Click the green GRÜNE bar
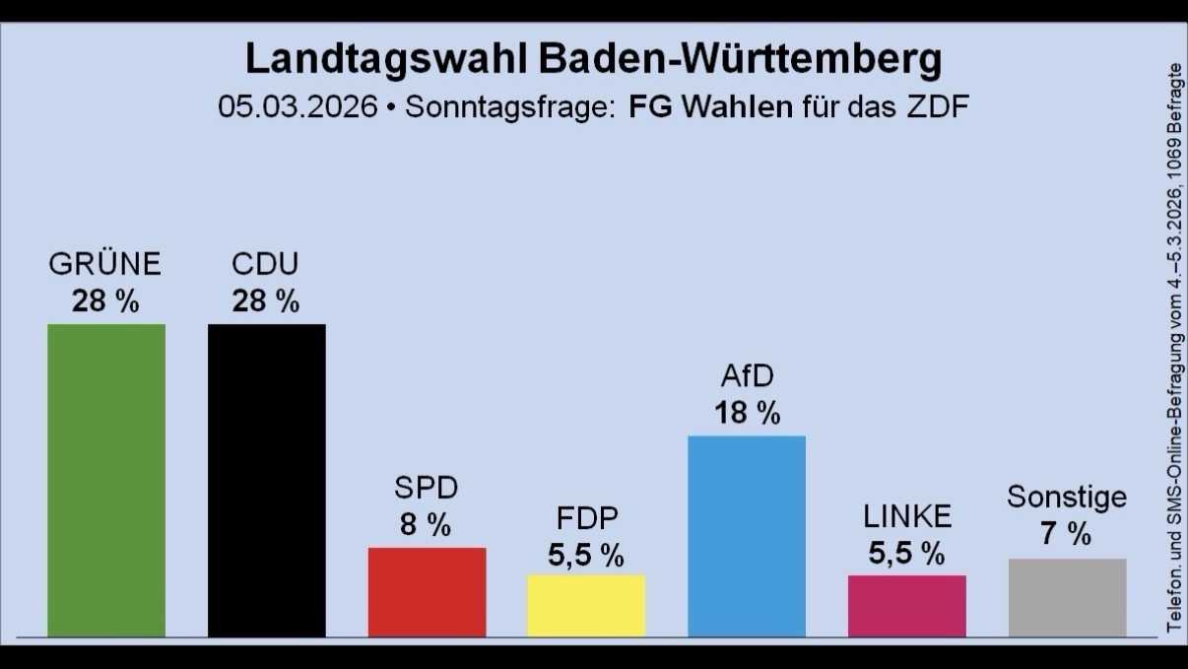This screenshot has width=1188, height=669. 106,480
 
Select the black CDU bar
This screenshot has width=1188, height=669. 267,480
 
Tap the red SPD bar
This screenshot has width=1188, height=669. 427,592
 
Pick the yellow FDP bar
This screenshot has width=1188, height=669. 586,605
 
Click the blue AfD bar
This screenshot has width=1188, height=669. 747,536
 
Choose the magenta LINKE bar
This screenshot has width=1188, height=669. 907,606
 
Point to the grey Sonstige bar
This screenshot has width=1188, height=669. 1068,597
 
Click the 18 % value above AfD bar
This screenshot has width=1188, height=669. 748,412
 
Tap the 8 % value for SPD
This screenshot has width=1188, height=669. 426,524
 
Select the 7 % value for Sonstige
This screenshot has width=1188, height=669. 1066,533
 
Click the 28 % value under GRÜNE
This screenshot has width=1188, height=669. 105,301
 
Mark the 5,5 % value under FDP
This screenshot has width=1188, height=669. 586,556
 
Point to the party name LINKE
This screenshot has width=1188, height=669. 907,516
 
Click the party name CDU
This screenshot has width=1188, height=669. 265,264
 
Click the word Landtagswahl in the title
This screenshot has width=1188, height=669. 386,59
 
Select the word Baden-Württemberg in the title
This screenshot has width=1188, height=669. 741,58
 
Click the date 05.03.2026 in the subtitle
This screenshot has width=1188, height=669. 297,106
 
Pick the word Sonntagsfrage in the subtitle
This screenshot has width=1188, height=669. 509,107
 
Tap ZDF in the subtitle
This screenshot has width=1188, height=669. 938,106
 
